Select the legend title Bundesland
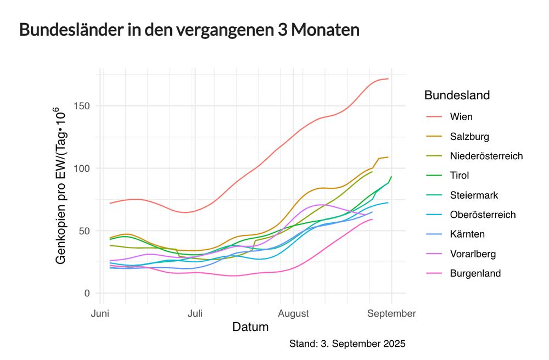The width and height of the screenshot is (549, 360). pyautogui.click(x=457, y=95)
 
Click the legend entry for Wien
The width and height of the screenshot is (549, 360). pyautogui.click(x=461, y=117)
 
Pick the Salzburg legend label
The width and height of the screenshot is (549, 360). pyautogui.click(x=469, y=137)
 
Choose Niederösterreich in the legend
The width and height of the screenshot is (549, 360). pyautogui.click(x=486, y=156)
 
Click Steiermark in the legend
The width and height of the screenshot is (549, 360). pyautogui.click(x=474, y=195)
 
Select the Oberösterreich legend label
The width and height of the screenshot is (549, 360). pyautogui.click(x=483, y=215)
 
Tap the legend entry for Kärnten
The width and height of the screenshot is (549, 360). pyautogui.click(x=466, y=234)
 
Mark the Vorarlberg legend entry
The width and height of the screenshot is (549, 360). pyautogui.click(x=473, y=254)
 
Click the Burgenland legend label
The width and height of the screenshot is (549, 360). pyautogui.click(x=475, y=273)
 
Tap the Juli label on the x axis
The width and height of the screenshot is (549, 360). pyautogui.click(x=194, y=314)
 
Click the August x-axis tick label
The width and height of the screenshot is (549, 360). pyautogui.click(x=293, y=314)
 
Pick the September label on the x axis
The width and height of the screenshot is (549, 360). pyautogui.click(x=391, y=314)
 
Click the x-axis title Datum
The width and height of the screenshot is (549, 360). pyautogui.click(x=250, y=328)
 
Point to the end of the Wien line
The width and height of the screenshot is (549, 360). pyautogui.click(x=388, y=79)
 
